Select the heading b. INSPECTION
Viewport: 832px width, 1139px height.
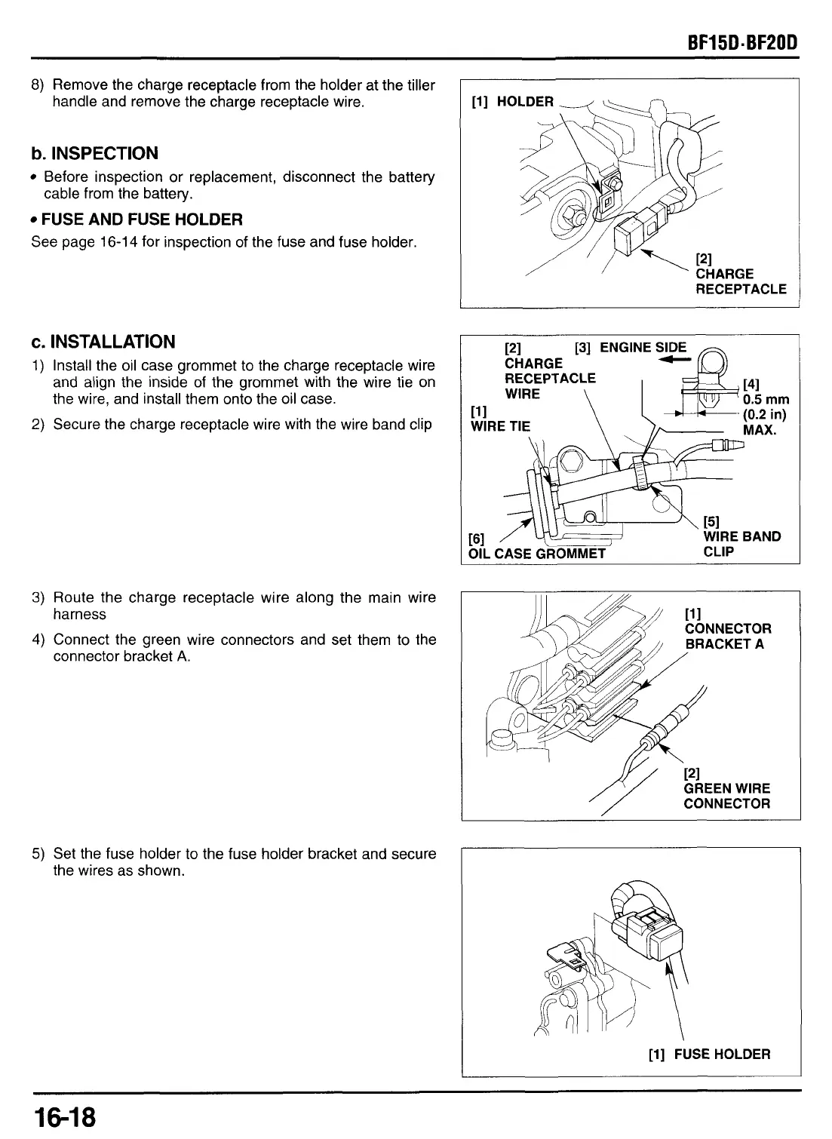coord(94,153)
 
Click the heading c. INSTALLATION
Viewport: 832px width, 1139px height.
coord(103,342)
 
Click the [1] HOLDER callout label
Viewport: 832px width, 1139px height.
coord(512,102)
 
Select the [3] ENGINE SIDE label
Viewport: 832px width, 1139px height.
coord(631,348)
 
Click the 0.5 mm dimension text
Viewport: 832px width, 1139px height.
coord(766,400)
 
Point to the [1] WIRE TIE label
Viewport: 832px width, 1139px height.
coord(499,419)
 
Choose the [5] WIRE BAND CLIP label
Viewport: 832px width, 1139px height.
coord(740,536)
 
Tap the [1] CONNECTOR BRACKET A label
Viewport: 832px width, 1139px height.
coord(727,629)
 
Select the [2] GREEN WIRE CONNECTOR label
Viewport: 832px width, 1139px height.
coord(726,788)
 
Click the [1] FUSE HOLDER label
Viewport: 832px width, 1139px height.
coord(709,1054)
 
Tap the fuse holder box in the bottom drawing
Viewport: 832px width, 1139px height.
coord(649,932)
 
